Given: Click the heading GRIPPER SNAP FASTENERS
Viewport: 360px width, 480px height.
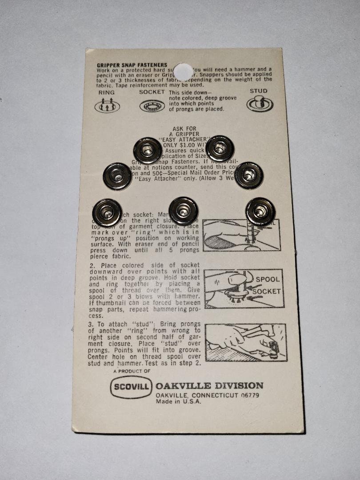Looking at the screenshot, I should click(x=132, y=65).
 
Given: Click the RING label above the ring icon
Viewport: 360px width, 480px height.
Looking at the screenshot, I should click(x=107, y=92).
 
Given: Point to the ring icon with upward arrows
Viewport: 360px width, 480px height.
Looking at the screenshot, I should click(x=107, y=105).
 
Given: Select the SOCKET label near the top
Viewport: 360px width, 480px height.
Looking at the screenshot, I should click(x=152, y=92).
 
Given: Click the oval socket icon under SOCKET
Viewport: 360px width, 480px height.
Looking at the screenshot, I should click(x=152, y=106).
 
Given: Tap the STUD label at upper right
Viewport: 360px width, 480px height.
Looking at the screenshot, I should click(x=259, y=91).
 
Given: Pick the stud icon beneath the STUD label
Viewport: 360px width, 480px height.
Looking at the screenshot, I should click(x=260, y=104).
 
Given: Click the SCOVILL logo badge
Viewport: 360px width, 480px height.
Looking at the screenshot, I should click(x=131, y=387).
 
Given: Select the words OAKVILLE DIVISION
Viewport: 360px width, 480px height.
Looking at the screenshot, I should click(x=209, y=385).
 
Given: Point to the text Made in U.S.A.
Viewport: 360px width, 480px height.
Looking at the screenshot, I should click(x=178, y=401).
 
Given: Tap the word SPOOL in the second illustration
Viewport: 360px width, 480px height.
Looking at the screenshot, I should click(x=268, y=280).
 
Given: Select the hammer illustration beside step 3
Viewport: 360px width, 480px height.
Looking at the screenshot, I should click(x=246, y=342).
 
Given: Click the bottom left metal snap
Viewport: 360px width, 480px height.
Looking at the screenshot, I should click(x=107, y=212).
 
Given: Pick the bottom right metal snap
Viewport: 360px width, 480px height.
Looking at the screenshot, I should click(x=260, y=212).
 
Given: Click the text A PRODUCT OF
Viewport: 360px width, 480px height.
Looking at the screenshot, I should click(x=132, y=371).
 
